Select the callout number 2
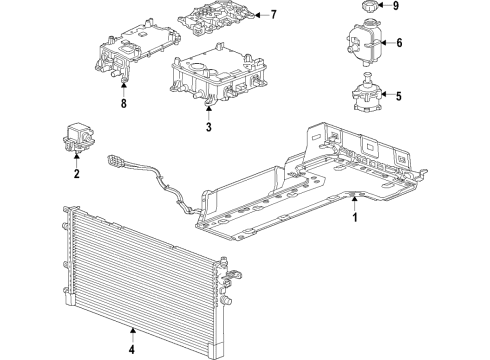pyautogui.click(x=75, y=173)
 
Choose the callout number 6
pyautogui.click(x=398, y=43)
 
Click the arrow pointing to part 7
pyautogui.click(x=257, y=14)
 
